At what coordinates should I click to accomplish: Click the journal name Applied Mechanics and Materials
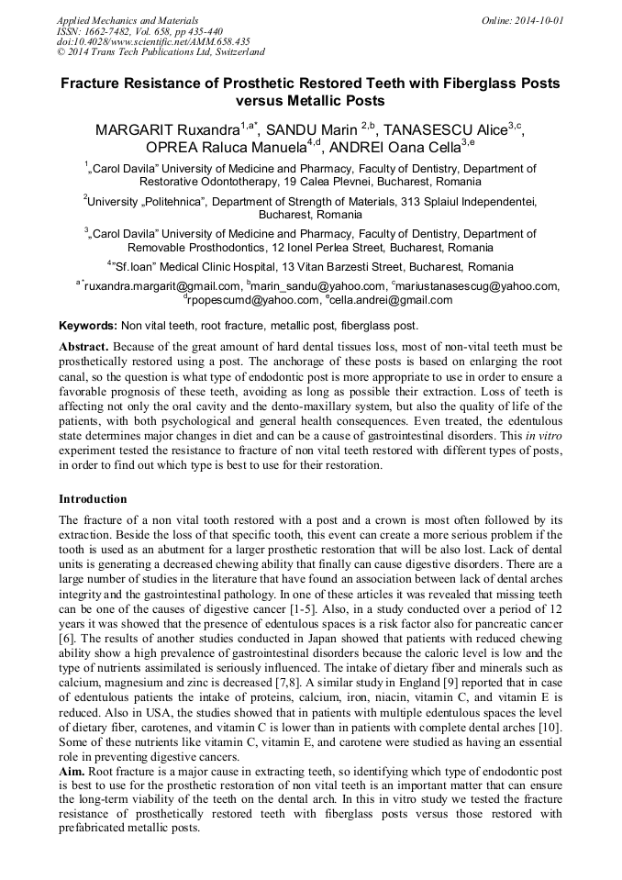pos(127,19)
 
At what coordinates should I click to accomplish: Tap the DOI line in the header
pos(153,41)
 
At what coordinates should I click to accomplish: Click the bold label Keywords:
pos(88,326)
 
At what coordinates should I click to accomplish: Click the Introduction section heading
pos(93,499)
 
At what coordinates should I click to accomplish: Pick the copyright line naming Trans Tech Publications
pos(161,52)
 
